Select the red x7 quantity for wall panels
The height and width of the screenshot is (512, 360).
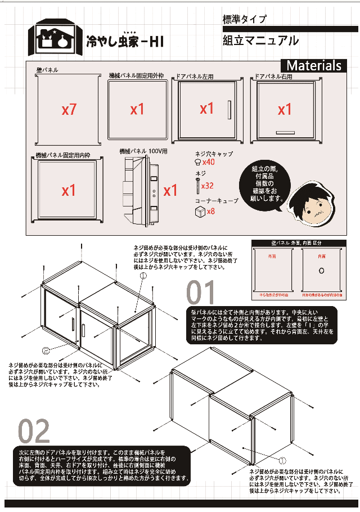69,110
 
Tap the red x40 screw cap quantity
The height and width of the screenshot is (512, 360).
209,162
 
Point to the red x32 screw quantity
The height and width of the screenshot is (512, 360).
208,185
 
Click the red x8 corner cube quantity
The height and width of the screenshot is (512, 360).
211,212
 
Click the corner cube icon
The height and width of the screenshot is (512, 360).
199,212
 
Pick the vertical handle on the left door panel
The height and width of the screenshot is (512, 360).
229,109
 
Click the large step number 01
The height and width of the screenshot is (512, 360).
201,293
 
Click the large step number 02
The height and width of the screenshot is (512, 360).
35,432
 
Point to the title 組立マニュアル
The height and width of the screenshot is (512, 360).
260,41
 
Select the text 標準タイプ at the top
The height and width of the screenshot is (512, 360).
245,19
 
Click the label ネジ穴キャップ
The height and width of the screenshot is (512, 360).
214,154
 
